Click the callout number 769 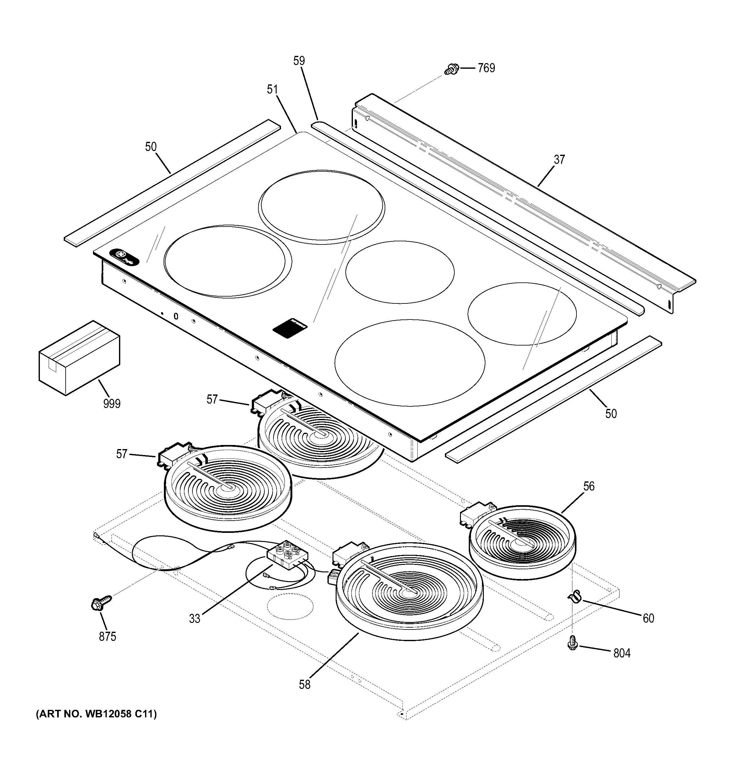click(486, 68)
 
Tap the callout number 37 click(559, 159)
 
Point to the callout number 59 click(299, 61)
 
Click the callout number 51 click(272, 89)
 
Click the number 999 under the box click(112, 403)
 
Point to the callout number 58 click(305, 684)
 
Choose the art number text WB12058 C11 click(96, 714)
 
